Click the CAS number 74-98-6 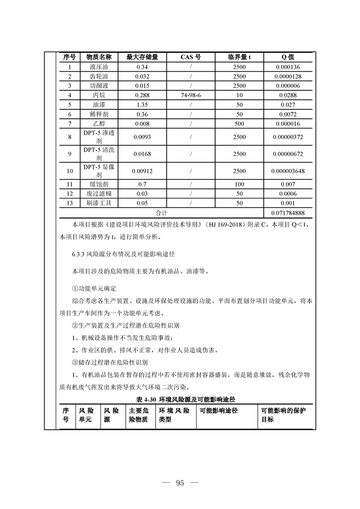(191, 95)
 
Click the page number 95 (180, 483)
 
